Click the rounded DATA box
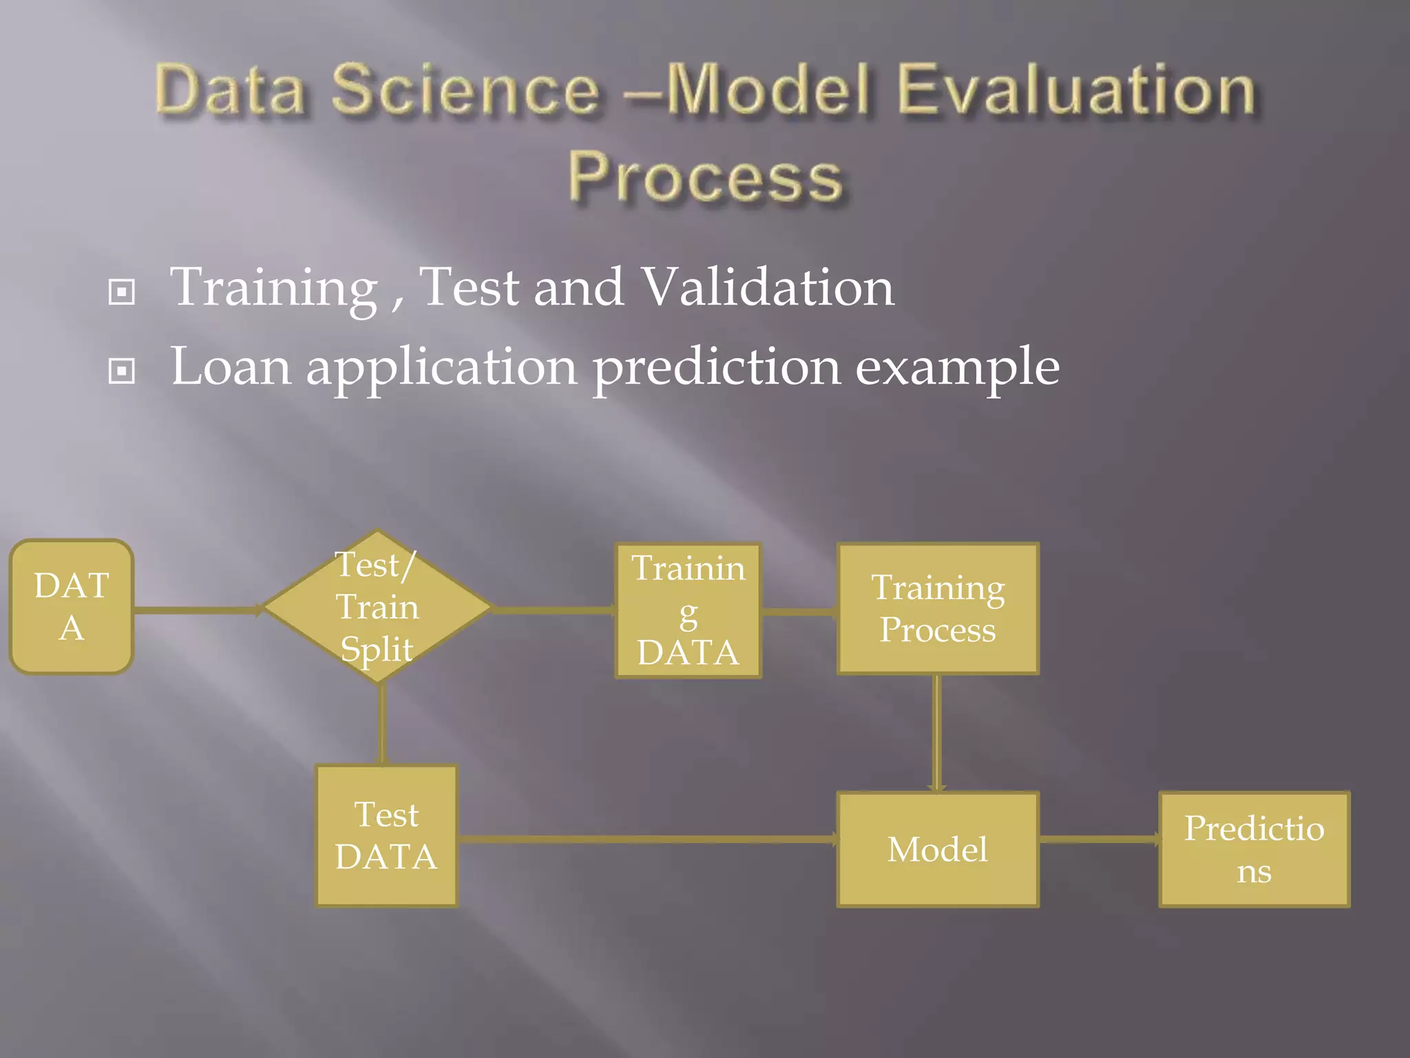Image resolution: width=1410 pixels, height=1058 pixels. click(72, 607)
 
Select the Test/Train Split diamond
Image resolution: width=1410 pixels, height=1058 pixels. click(377, 607)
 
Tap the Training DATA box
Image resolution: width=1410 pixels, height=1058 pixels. click(688, 611)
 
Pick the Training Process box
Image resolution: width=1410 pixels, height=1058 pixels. click(938, 609)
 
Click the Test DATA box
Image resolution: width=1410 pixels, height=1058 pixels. click(386, 836)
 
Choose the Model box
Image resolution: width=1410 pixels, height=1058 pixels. click(938, 849)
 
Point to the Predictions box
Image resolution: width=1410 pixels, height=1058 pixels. click(1254, 849)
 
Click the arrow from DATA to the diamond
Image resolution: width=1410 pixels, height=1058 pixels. click(196, 610)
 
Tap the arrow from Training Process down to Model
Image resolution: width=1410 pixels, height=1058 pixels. click(936, 734)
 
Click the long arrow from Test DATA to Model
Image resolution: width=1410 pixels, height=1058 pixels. click(647, 839)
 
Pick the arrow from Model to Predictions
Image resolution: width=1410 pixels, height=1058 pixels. click(1099, 839)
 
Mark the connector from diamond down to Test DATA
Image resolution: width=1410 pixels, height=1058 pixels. click(383, 723)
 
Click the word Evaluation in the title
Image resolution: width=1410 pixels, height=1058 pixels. click(1077, 91)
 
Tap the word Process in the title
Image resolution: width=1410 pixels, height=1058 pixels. click(705, 178)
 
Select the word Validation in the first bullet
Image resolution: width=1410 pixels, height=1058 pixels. click(767, 287)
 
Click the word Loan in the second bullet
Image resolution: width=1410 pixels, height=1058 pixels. click(231, 367)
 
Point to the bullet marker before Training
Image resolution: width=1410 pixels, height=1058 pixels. click(122, 292)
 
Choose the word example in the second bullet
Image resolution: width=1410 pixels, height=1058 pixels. click(957, 367)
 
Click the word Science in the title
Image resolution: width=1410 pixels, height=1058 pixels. click(466, 91)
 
